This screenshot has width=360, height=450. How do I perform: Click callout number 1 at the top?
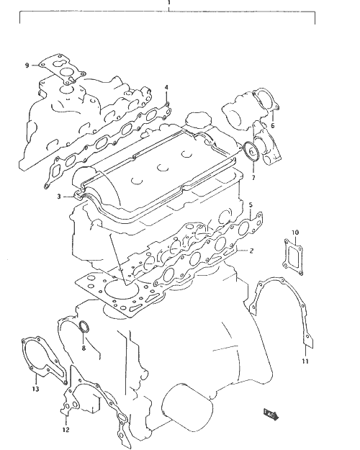(169, 3)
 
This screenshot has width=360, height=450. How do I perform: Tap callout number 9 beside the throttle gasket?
(27, 66)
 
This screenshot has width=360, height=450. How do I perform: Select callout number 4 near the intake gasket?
(166, 88)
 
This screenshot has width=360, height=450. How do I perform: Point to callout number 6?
(273, 125)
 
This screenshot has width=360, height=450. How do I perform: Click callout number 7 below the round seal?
(253, 178)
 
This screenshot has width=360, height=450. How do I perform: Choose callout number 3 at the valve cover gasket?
(59, 197)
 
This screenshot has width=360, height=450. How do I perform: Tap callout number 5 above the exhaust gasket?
(251, 205)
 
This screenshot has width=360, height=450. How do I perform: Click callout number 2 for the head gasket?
(251, 251)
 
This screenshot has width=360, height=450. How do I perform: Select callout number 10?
(295, 232)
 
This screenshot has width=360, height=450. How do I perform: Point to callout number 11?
(305, 361)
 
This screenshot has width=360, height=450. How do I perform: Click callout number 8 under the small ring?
(84, 348)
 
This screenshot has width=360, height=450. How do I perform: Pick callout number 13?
(35, 389)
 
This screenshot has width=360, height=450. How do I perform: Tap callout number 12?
(66, 430)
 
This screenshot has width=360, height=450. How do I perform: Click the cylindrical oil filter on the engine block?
(187, 408)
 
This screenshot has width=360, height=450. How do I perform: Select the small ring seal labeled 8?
(84, 327)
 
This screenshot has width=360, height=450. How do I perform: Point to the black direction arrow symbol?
(271, 415)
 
